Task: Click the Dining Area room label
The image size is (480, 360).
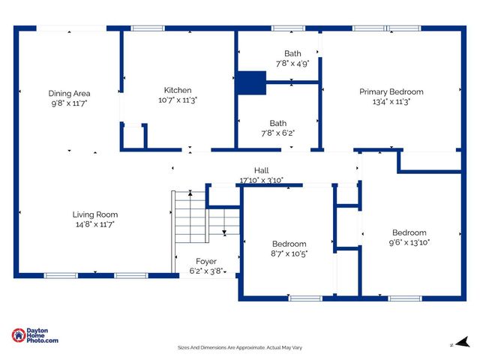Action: pos(70,93)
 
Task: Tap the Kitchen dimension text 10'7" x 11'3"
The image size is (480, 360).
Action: pos(178,100)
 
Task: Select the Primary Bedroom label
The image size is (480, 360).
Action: pos(391,91)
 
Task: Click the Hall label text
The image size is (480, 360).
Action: pos(261,170)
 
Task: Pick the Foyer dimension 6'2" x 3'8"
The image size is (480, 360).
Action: pos(205,271)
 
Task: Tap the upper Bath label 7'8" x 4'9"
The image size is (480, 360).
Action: pos(292,53)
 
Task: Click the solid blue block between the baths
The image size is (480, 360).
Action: pos(251,82)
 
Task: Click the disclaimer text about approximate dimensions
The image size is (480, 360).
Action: pos(239,347)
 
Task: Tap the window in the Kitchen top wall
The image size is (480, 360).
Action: pos(148,28)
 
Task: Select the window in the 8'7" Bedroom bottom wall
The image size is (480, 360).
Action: pos(305,298)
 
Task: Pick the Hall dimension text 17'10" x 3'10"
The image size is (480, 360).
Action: pos(261,180)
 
